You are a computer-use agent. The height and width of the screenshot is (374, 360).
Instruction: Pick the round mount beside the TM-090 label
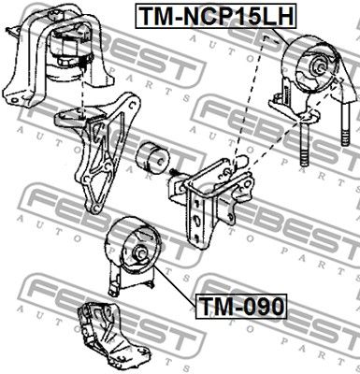[x=137, y=245]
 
